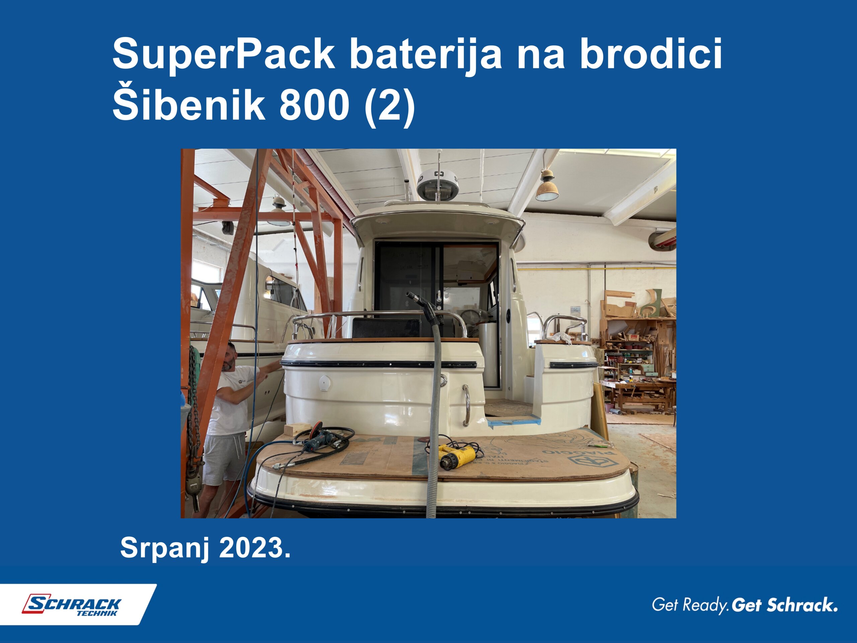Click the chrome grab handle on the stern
point(467,405)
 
